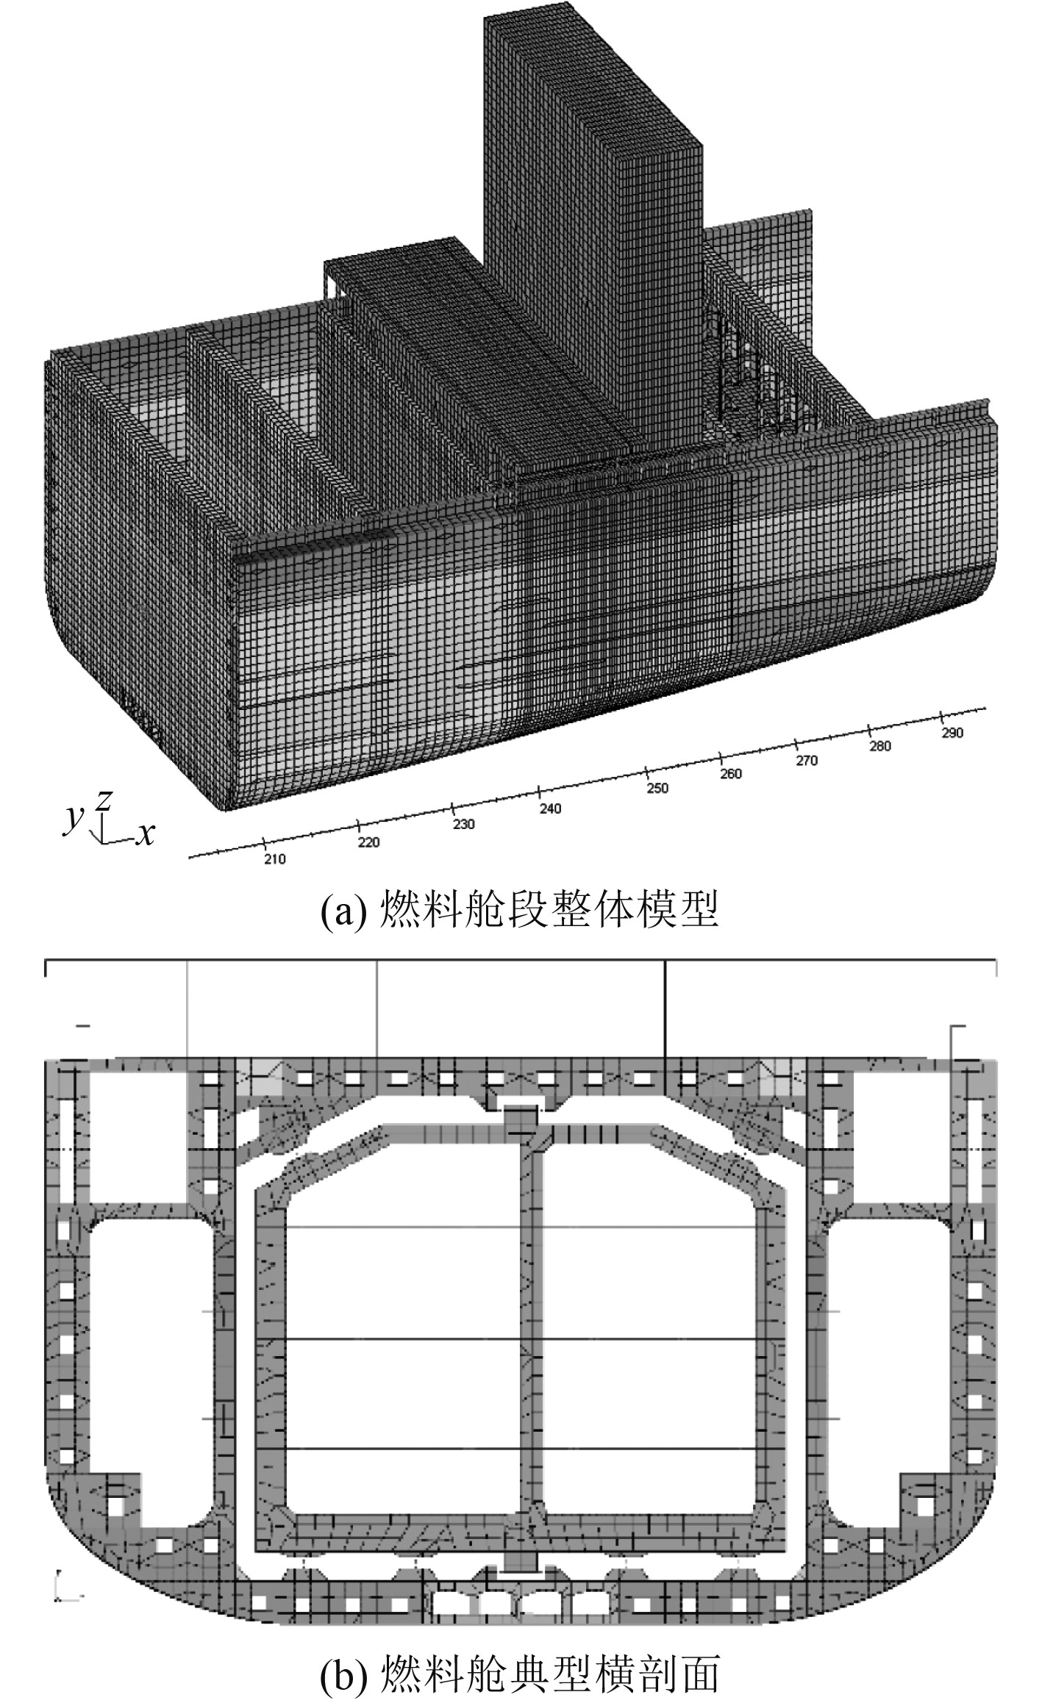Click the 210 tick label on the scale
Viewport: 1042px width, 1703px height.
click(275, 859)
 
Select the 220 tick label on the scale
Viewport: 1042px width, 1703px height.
click(368, 842)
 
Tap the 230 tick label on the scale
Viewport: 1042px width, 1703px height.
click(463, 824)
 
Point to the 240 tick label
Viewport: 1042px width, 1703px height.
click(549, 809)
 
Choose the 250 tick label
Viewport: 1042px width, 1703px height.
click(657, 788)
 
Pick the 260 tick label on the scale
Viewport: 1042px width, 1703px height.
click(731, 774)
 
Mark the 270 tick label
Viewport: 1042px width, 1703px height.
click(806, 761)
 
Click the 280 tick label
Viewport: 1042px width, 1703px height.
click(879, 746)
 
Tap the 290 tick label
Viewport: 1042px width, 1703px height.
click(952, 733)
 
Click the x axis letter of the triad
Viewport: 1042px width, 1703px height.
click(146, 834)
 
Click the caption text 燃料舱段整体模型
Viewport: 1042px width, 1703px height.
click(548, 911)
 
